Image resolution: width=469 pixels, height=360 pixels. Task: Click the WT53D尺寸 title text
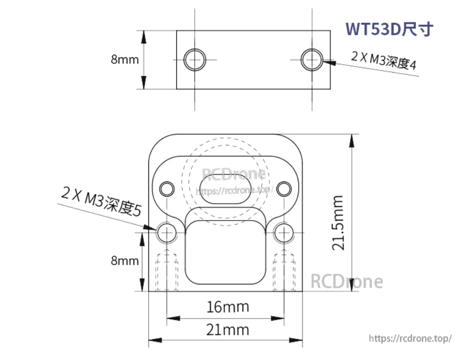pos(389,29)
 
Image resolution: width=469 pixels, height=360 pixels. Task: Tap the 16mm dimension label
pos(228,307)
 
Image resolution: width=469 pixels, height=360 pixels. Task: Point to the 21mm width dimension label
pos(228,329)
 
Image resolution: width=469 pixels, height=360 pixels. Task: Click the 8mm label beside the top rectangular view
pos(124,59)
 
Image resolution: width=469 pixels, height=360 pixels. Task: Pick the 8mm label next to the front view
pos(124,260)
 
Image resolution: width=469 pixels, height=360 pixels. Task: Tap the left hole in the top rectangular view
pos(194,60)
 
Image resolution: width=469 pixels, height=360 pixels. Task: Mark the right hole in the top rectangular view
pos(312,59)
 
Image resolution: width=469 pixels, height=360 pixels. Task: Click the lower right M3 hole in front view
pos(283,232)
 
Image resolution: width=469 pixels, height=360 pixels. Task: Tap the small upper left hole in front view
pos(166,188)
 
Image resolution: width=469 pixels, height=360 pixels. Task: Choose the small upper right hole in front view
pos(284,189)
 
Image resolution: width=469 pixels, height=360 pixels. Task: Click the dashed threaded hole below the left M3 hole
pos(167,271)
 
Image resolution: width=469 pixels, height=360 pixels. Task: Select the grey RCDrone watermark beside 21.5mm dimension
pos(347,282)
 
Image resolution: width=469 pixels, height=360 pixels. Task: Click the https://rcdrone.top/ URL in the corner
pos(410,339)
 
